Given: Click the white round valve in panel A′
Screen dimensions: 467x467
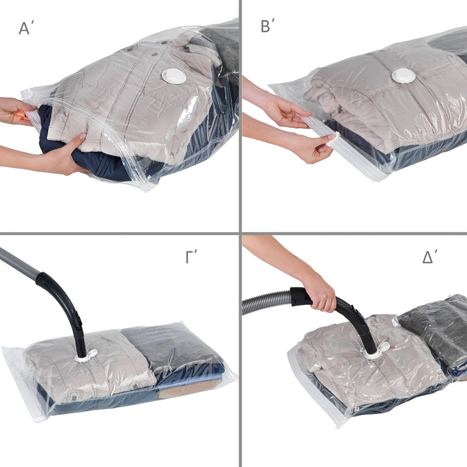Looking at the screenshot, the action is (174, 77).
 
